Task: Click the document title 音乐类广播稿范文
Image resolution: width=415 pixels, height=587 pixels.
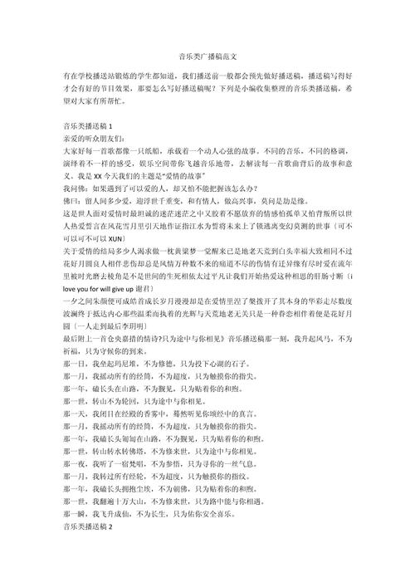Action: [207, 58]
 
